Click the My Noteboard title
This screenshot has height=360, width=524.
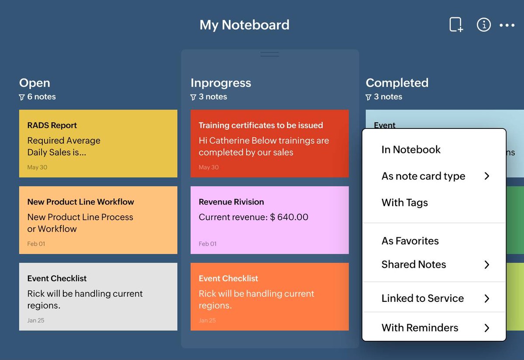click(244, 25)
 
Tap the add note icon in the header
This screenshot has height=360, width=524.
click(456, 25)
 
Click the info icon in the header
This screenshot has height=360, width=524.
click(483, 25)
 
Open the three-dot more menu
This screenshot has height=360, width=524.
click(507, 25)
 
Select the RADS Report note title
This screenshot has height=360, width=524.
click(52, 125)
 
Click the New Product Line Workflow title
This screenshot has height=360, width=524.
click(80, 202)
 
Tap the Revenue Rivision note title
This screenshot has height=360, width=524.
click(231, 202)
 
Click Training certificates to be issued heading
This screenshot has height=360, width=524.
click(261, 125)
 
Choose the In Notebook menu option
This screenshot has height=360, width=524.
click(411, 149)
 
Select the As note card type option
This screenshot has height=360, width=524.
click(423, 176)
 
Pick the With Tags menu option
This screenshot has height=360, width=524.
click(404, 203)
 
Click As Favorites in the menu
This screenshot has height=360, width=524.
click(410, 241)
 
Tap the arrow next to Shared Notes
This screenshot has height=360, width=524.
click(487, 265)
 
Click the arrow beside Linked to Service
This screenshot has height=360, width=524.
click(487, 298)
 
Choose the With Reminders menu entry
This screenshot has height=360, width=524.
click(420, 328)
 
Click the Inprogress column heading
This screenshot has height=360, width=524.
click(221, 83)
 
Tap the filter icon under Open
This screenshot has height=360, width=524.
click(22, 97)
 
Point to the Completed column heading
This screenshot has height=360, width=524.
click(397, 83)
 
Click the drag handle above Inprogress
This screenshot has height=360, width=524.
click(269, 54)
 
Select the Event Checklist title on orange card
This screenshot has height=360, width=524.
click(228, 278)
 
